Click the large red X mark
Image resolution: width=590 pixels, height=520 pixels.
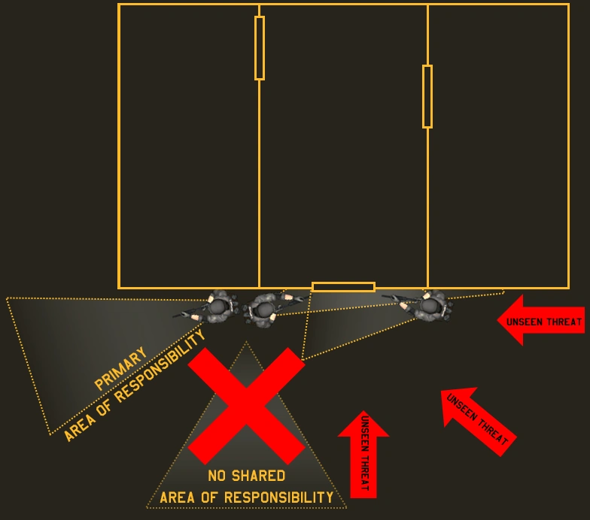tap(246, 405)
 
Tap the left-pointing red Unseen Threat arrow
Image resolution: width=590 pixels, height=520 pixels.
tap(540, 321)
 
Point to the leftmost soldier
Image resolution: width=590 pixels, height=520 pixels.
tap(217, 306)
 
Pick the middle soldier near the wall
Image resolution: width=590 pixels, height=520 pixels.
tap(263, 308)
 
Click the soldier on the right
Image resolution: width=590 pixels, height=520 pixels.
tap(430, 306)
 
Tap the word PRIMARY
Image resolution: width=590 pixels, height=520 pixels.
tap(120, 368)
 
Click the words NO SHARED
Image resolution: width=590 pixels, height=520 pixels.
tap(246, 476)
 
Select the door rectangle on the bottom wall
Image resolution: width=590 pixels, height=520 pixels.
tap(343, 286)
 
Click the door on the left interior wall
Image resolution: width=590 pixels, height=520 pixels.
tap(260, 47)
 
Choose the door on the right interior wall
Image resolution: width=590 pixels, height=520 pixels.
tap(427, 96)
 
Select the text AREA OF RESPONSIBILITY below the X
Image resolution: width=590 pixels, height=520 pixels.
tap(246, 497)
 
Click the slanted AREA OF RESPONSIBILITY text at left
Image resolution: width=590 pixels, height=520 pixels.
tap(135, 387)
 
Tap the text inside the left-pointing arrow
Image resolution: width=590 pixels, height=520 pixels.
tap(544, 322)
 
